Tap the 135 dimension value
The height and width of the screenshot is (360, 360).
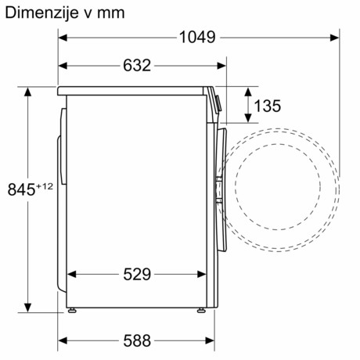268,105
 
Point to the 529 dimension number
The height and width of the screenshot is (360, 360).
137,274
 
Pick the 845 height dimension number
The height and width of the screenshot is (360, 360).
21,189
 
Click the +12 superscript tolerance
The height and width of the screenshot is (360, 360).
45,185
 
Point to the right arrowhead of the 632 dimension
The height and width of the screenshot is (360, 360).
213,66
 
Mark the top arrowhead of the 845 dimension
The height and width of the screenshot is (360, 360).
29,91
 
